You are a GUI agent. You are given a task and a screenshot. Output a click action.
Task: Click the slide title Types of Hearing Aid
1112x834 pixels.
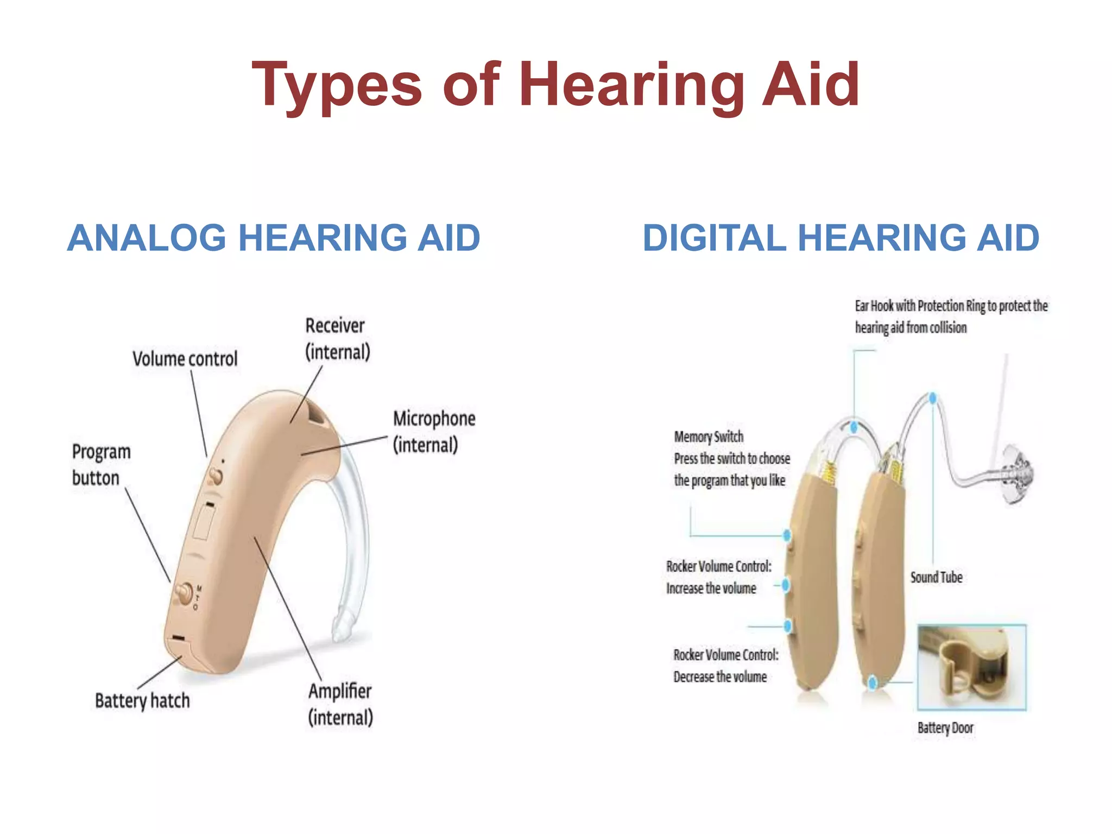555,85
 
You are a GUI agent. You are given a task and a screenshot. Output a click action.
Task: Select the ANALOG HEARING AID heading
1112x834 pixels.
274,238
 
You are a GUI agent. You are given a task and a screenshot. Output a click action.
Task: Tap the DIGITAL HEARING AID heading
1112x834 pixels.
841,238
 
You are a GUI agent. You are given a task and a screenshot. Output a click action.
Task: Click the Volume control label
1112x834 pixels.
185,359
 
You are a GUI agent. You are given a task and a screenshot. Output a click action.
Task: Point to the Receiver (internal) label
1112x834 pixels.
337,339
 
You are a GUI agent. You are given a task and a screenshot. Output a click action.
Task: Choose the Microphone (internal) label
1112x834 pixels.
434,432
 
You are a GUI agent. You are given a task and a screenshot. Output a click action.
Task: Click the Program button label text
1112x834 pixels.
101,465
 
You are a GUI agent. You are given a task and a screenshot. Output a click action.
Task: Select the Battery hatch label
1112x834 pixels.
142,700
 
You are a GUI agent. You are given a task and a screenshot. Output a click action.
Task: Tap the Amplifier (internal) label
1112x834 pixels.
340,704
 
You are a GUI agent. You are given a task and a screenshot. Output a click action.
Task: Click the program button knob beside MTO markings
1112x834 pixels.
184,593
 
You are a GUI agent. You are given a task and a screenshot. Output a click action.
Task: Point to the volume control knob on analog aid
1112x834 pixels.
216,477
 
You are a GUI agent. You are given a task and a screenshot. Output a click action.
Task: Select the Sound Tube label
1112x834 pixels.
936,577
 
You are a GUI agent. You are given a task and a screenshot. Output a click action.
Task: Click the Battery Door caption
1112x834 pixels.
945,728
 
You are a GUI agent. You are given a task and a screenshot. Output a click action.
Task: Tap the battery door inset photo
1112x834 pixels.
971,667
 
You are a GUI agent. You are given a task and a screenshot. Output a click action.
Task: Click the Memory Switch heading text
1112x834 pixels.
709,437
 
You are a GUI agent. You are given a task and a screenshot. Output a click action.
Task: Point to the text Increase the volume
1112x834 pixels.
711,589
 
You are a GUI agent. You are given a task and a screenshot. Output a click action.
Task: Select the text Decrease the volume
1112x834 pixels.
720,677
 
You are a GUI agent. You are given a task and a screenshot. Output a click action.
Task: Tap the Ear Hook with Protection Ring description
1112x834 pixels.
950,317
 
